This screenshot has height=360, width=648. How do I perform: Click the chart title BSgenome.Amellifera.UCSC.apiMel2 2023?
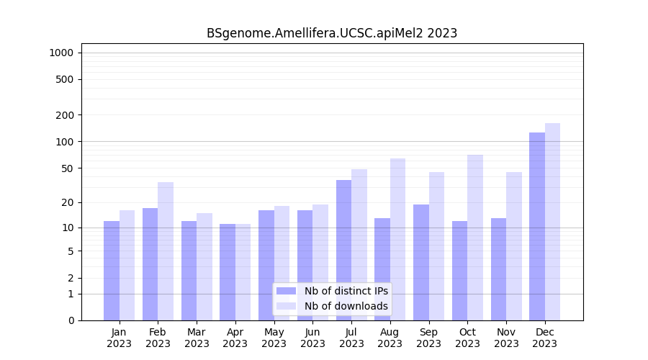coord(332,33)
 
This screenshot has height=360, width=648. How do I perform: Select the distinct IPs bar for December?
coord(537,226)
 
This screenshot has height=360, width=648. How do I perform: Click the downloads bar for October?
coord(475,238)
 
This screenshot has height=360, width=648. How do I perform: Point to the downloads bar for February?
coord(166,251)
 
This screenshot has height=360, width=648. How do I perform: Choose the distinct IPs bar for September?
coord(421,262)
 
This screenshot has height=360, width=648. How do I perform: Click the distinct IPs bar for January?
coord(112,271)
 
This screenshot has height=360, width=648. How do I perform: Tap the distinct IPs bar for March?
coord(189,271)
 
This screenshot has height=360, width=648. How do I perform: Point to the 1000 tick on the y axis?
coord(61,53)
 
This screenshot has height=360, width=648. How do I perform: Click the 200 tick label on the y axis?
coord(65,115)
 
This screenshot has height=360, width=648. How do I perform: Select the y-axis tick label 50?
coord(67,168)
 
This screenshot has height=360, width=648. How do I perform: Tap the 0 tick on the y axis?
coord(70,320)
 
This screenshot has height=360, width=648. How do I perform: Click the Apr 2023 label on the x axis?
coord(235,338)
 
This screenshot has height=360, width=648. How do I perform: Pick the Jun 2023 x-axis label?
coord(312,338)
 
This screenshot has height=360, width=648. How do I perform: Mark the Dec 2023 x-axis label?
coord(545,338)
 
